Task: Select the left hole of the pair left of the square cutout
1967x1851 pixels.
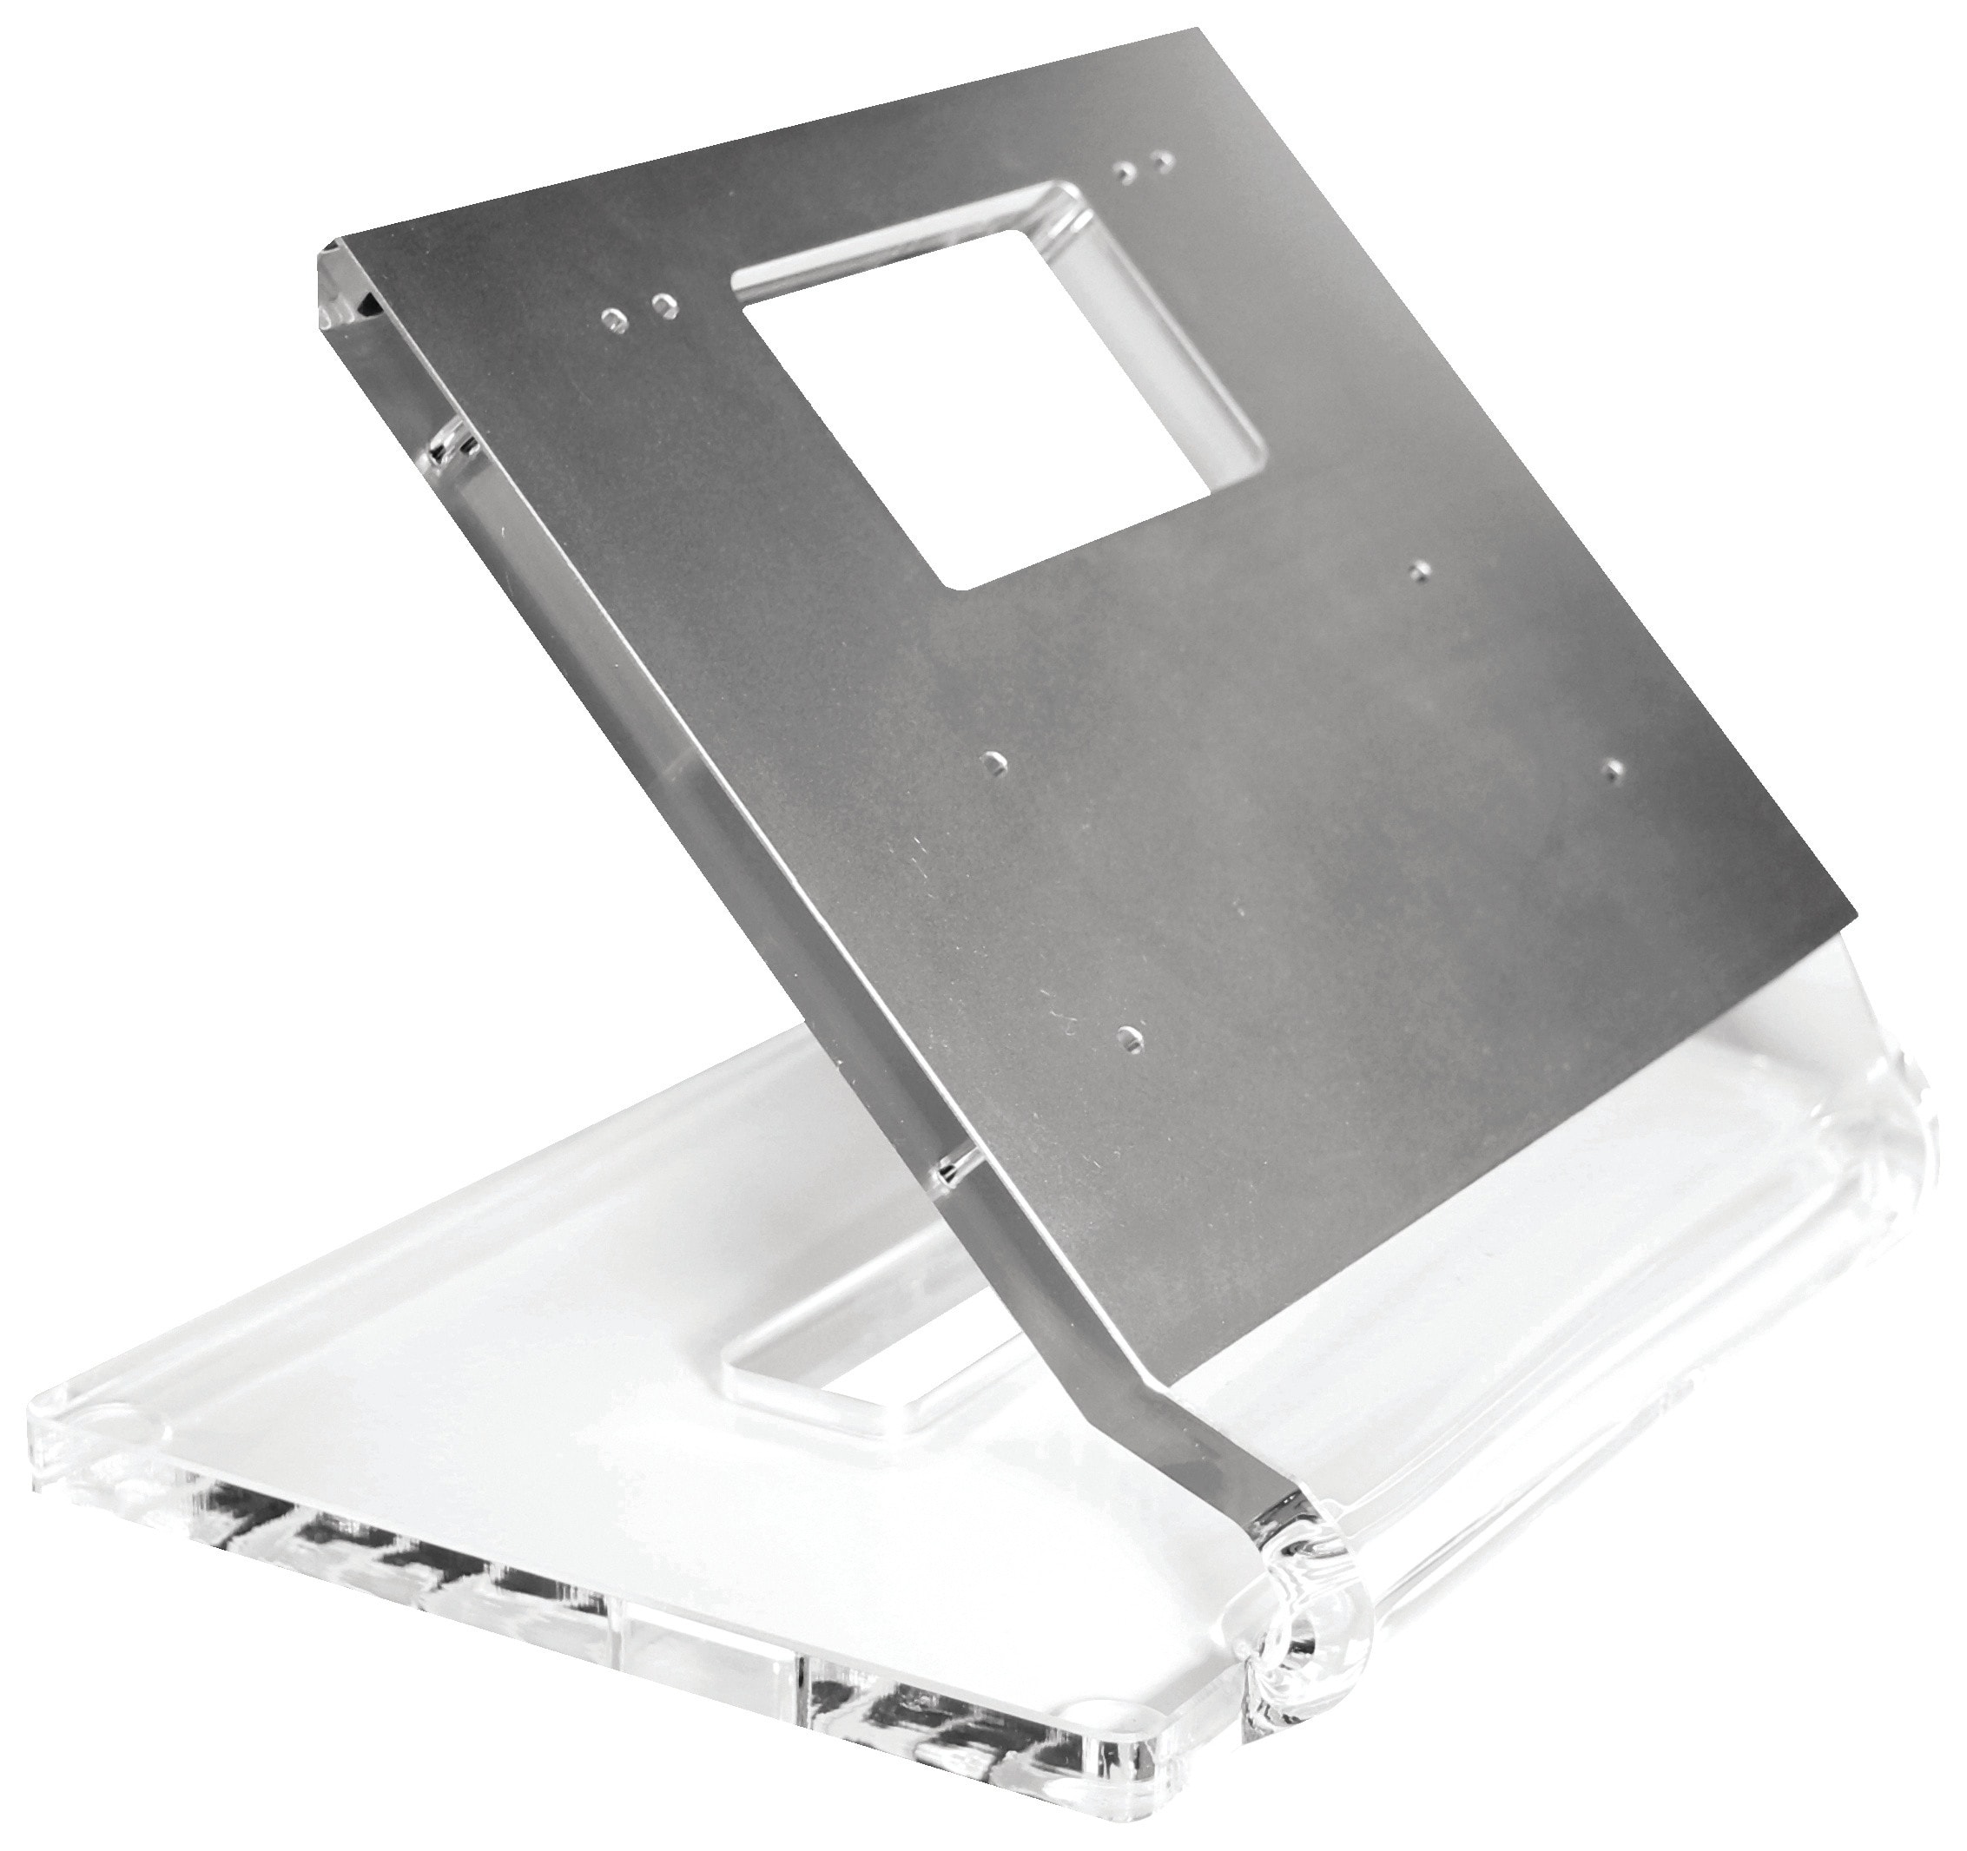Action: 616,319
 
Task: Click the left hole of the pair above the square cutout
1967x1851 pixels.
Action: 1124,172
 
